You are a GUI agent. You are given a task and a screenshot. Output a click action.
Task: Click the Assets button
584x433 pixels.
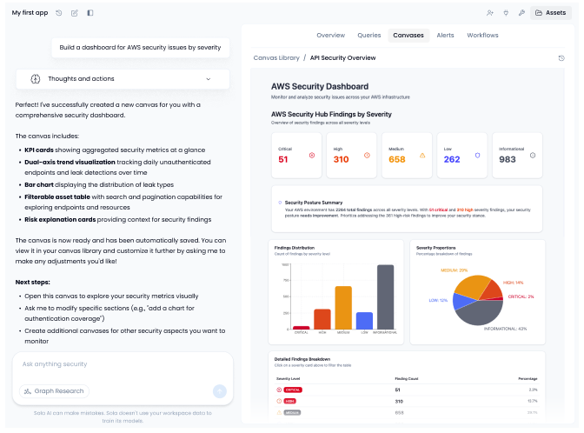point(551,13)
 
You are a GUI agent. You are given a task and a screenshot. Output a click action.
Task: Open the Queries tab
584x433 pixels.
point(369,36)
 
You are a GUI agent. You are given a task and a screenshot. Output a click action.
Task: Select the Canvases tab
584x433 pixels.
point(408,36)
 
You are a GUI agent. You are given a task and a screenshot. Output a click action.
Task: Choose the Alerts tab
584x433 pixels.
point(445,36)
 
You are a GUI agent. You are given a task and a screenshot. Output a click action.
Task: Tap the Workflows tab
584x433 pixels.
point(482,36)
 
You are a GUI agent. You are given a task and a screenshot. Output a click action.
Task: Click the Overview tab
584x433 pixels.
point(330,36)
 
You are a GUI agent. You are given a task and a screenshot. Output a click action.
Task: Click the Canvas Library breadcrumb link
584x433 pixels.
point(276,57)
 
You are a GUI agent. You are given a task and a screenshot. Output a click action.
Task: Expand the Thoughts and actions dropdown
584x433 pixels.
point(123,79)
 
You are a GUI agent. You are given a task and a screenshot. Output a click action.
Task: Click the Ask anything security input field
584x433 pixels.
point(122,364)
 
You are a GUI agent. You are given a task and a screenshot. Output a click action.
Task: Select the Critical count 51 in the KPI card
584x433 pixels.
point(283,159)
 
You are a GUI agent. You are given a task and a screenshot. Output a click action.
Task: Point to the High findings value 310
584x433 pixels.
point(341,159)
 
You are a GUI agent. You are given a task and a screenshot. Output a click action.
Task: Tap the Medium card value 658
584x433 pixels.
point(397,159)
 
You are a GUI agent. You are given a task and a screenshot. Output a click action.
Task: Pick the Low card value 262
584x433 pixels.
point(452,159)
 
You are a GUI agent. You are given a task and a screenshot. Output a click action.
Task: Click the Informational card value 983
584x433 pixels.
point(508,159)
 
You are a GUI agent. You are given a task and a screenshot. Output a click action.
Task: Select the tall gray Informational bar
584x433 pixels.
point(385,296)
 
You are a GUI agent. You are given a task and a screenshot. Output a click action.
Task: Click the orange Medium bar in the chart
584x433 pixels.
point(343,307)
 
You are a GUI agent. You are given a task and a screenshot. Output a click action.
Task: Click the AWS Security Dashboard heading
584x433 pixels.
point(319,87)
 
